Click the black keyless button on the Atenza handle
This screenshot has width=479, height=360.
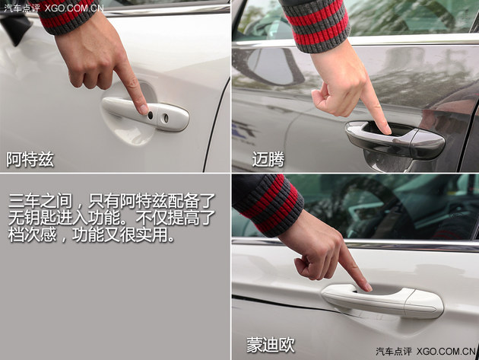tap(150, 115)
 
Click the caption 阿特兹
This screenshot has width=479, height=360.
tap(30, 160)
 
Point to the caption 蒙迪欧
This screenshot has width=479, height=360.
tap(270, 344)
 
